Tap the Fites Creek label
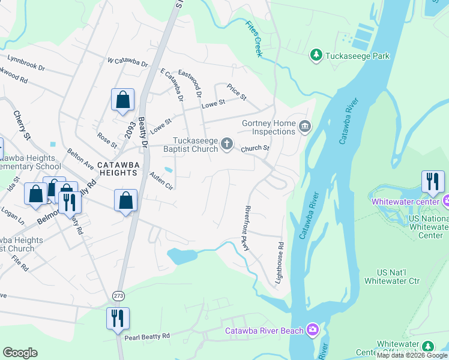[255, 40]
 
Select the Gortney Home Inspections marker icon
[305, 126]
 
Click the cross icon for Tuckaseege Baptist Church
[227, 143]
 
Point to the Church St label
[256, 148]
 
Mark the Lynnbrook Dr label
[26, 61]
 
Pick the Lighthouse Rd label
[280, 257]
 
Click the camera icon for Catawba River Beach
[312, 329]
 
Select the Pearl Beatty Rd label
[147, 337]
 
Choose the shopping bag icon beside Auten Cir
[126, 202]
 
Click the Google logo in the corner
[20, 353]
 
